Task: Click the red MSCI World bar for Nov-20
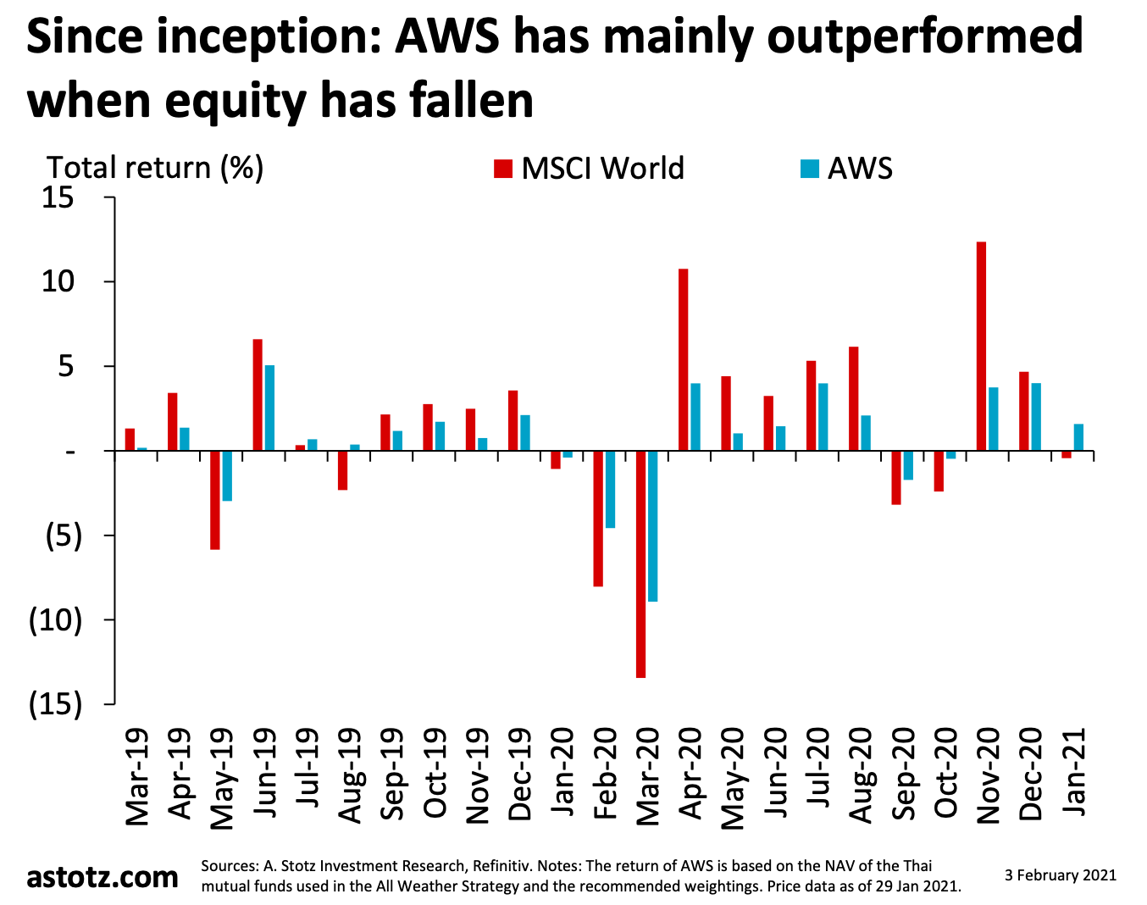click(x=981, y=346)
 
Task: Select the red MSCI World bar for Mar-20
click(x=640, y=564)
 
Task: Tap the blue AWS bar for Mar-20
click(x=652, y=525)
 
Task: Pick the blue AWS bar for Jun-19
click(x=269, y=408)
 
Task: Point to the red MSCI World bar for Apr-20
click(x=683, y=359)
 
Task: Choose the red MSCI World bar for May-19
click(x=215, y=500)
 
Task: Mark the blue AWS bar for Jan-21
click(x=1078, y=437)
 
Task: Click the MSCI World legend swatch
click(x=503, y=168)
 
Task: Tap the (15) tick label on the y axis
click(x=56, y=704)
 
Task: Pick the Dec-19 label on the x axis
click(x=519, y=774)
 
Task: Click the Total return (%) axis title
click(x=155, y=167)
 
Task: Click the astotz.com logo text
click(x=103, y=876)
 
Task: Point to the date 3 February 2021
click(x=1060, y=875)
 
